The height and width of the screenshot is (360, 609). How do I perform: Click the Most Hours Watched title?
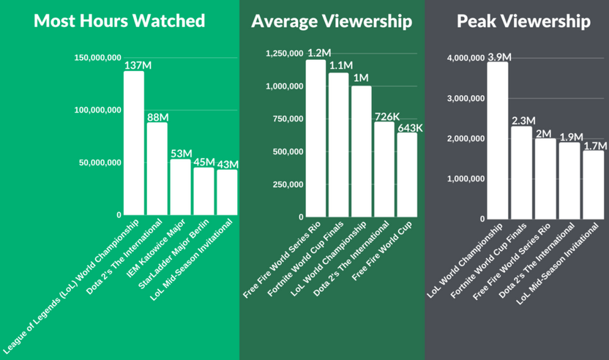pos(119,20)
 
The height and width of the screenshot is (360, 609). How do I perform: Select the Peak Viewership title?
pos(523,21)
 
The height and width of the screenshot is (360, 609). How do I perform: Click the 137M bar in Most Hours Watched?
pos(134,143)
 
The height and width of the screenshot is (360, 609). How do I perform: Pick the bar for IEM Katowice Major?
pos(180,187)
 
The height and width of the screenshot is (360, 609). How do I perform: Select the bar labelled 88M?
pos(157,168)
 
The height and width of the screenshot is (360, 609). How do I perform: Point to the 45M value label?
pos(203,162)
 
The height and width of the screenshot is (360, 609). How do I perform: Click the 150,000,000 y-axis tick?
pos(100,57)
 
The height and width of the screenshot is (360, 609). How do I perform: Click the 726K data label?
pos(385,116)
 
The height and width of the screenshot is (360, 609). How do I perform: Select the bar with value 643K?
pos(407,174)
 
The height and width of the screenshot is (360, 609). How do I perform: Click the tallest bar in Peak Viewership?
pos(498,140)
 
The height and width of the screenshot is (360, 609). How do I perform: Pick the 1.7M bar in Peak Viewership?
pos(593,184)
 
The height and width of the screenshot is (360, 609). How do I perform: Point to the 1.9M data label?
pos(569,136)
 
